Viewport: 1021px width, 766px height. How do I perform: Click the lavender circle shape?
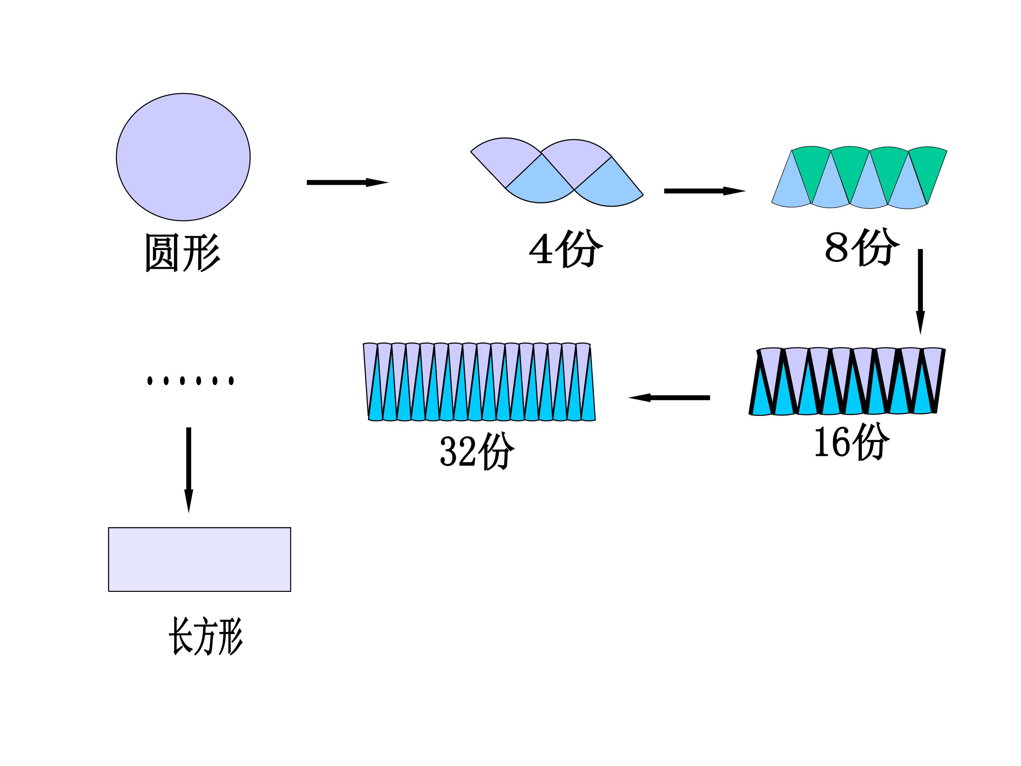183,157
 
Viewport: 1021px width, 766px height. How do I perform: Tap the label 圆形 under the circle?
182,252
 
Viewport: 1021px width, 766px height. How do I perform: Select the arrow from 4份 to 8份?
704,191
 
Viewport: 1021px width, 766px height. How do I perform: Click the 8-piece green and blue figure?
859,177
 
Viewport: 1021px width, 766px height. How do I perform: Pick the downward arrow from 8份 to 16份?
920,290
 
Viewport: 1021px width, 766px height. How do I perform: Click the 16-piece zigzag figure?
847,381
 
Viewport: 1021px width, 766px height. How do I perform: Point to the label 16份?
850,442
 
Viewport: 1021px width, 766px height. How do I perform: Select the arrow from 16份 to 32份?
669,398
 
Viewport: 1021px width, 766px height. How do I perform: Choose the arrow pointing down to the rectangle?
188,469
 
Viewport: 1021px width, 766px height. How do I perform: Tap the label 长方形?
205,636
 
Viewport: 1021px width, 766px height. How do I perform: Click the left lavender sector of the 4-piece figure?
506,159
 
